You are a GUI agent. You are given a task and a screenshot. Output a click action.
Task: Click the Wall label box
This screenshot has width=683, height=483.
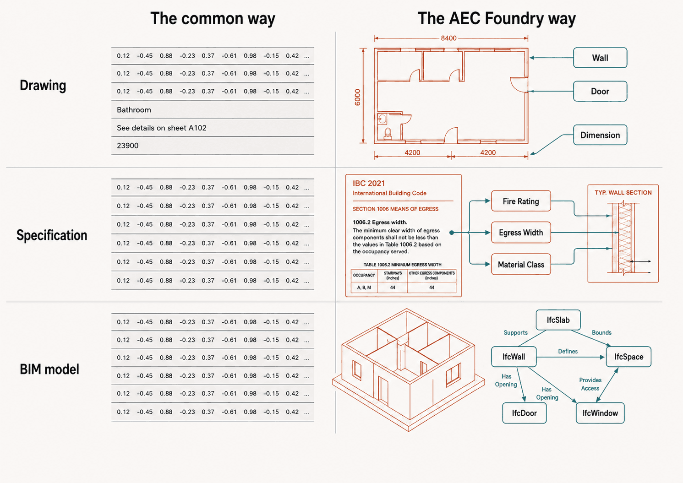point(600,58)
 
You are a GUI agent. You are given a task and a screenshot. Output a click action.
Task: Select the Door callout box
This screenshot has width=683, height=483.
point(600,91)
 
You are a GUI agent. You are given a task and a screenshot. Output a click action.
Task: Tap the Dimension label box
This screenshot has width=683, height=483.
point(600,135)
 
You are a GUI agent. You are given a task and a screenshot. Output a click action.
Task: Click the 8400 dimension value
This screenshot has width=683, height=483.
point(448,38)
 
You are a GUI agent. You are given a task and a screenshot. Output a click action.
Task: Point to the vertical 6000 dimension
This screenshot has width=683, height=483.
point(357,97)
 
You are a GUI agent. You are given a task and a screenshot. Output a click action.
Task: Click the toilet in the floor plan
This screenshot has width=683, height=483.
point(388,134)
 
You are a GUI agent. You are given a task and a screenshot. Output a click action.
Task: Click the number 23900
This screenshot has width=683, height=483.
point(127,146)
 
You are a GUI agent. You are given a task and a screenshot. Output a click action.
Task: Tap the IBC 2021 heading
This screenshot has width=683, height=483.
point(369,183)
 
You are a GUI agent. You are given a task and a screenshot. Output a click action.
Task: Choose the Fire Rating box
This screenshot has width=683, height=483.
point(521,201)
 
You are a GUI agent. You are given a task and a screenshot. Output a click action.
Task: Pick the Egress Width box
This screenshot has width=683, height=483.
point(521,233)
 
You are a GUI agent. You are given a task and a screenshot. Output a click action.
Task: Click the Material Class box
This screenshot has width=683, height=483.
point(521,264)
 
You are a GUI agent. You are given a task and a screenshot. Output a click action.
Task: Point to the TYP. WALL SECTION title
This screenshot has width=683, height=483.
point(623,193)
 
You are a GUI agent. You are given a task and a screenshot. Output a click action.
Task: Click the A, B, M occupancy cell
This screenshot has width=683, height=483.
point(364,288)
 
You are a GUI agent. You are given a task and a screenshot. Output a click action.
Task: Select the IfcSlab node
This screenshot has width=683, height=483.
point(558,320)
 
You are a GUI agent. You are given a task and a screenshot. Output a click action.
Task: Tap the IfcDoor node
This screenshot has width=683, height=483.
point(524,413)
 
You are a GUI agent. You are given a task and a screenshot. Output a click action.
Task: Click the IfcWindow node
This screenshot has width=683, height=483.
point(600,413)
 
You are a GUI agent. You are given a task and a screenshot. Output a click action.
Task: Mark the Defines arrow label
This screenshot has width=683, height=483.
point(568,351)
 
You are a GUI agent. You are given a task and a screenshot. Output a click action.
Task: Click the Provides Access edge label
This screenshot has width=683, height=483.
point(590,384)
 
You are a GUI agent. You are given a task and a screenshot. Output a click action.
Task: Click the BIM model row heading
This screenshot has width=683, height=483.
point(49,369)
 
